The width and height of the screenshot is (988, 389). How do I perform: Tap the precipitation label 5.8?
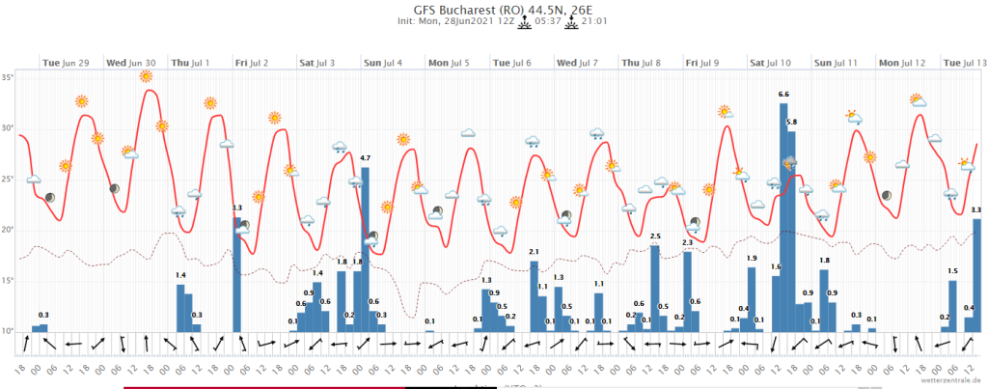click(792, 123)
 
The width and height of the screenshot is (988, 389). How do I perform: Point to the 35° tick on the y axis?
click(8, 77)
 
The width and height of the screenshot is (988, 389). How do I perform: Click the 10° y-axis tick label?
click(8, 331)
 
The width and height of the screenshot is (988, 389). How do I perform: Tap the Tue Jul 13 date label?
click(964, 63)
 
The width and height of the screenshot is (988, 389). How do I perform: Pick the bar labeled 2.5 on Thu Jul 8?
click(655, 288)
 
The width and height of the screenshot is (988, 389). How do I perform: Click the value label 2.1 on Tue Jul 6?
click(534, 252)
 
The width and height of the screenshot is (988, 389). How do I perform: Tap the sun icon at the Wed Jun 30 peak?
click(147, 76)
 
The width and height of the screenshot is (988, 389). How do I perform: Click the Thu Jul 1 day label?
click(191, 63)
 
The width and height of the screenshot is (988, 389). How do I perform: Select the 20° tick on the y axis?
click(8, 230)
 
